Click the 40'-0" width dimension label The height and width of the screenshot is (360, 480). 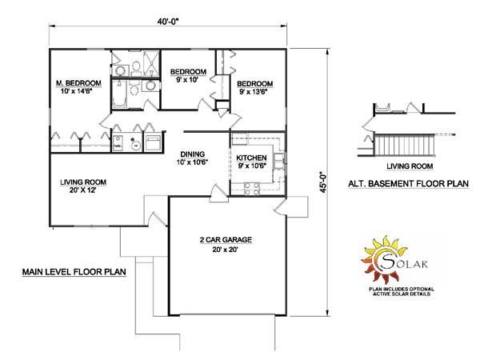[168, 22]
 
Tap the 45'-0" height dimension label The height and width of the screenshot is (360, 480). [323, 182]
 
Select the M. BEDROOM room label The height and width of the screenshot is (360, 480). [78, 83]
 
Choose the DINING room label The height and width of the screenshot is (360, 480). [193, 154]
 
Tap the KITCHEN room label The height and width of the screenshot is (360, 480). [251, 158]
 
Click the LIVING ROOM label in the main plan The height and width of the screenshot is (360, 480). [83, 182]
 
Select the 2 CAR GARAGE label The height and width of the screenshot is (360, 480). [226, 240]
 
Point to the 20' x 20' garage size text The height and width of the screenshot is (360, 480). [226, 250]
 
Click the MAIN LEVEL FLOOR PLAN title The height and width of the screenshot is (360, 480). [74, 272]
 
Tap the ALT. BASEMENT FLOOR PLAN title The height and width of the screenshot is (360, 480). [408, 184]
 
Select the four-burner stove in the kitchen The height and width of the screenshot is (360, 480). [252, 189]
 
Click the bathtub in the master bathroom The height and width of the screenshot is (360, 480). [119, 94]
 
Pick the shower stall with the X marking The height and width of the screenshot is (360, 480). [151, 63]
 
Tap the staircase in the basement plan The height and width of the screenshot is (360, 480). [404, 145]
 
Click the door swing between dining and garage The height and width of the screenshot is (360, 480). [218, 194]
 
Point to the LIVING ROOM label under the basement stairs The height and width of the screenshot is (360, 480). [410, 166]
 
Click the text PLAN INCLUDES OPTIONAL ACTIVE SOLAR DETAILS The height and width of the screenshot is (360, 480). [402, 291]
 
